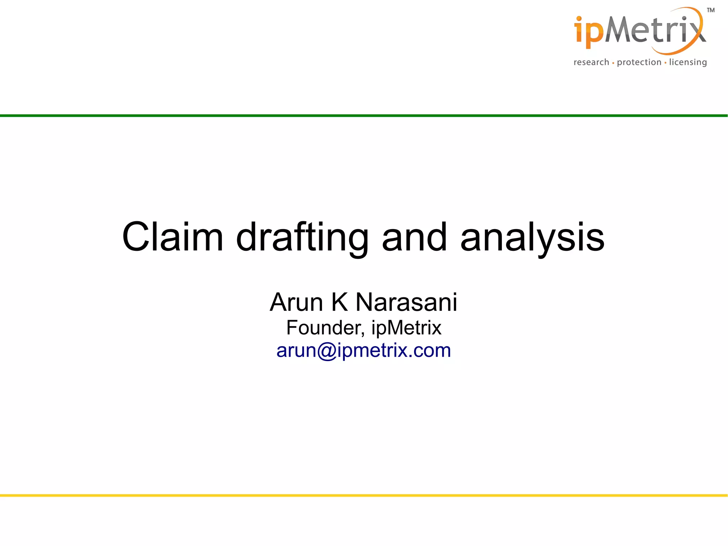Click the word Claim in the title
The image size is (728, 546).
pos(172,237)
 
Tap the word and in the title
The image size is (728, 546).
pos(414,237)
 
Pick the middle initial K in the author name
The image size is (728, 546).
pos(339,302)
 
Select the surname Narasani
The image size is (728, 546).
pos(406,302)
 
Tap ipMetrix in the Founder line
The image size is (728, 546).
pos(406,328)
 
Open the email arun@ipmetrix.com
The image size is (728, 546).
pos(364,350)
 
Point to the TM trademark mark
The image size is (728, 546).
pos(711,10)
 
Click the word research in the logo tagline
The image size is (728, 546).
pos(591,62)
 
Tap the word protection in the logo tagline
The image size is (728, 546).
pos(639,63)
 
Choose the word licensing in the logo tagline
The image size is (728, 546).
pos(688,63)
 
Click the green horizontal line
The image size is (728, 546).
pos(364,116)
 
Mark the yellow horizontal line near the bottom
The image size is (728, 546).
pos(364,495)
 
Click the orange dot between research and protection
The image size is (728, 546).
pos(613,63)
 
